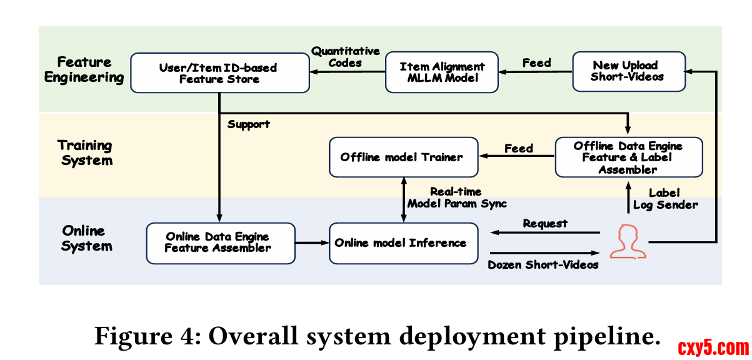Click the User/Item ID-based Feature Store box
point(220,72)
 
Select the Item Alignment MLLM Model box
point(442,72)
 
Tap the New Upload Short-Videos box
point(629,71)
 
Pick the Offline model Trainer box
point(404,157)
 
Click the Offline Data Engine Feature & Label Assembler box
point(629,157)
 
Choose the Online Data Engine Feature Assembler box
point(221,243)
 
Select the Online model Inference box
point(404,243)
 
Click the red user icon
point(628,242)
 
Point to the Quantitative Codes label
point(346,57)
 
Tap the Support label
point(248,124)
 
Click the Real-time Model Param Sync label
point(457,197)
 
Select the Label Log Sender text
point(665,199)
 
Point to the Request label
point(545,224)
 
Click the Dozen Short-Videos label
point(543,265)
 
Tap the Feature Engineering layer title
point(84,69)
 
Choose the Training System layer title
point(86,152)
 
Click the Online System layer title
point(86,238)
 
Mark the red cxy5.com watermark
point(713,347)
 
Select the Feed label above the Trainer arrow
point(519,148)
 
